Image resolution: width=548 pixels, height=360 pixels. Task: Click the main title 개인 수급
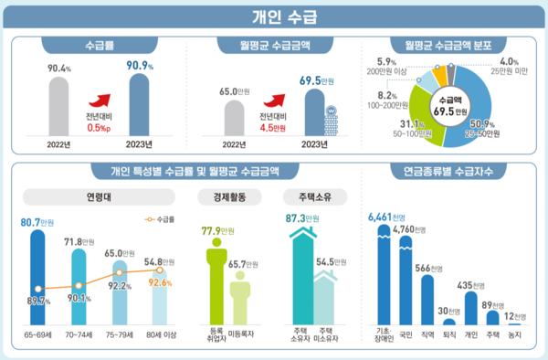coord(273,15)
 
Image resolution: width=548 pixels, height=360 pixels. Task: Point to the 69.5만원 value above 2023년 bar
coord(316,80)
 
